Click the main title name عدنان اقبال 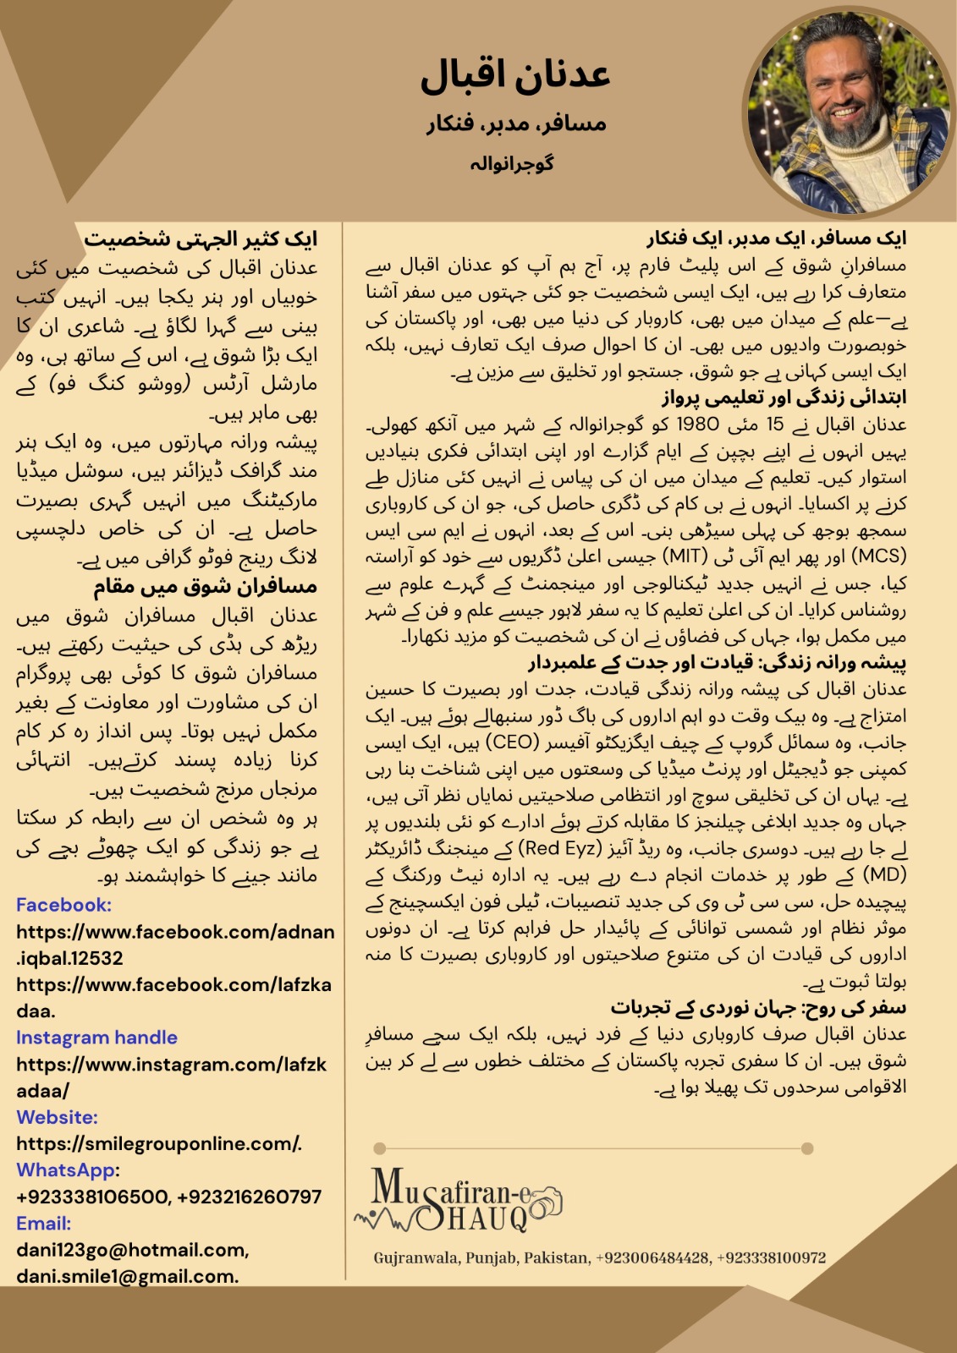point(515,76)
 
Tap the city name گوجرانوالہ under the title point(512,164)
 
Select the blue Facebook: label point(63,905)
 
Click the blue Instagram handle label point(96,1038)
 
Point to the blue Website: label point(57,1117)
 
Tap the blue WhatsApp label point(66,1170)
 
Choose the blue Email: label point(43,1224)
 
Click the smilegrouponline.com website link point(158,1144)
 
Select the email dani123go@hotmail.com point(131,1250)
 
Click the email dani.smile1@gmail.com point(127,1276)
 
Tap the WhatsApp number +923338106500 point(92,1197)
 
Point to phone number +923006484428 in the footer point(652,1257)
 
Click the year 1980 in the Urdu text point(697,425)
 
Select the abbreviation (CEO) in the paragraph point(513,742)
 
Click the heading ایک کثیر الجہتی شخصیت point(201,239)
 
